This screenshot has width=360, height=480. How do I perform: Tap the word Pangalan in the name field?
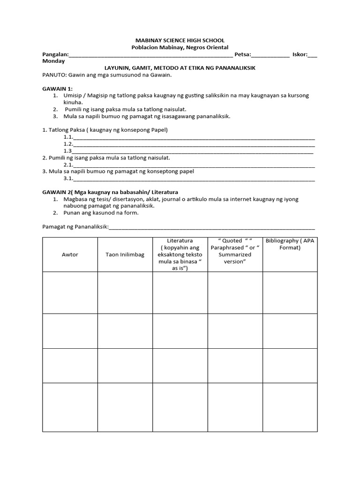55,54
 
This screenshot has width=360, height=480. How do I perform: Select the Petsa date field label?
242,54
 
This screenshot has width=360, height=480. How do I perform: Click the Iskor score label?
300,54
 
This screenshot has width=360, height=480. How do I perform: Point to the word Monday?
54,61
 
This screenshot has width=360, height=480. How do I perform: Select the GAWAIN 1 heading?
57,88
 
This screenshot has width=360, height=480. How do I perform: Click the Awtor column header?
70,255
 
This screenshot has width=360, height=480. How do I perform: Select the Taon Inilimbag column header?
125,255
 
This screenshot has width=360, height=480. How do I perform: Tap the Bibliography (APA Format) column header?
290,244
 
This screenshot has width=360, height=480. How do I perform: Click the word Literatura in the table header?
180,240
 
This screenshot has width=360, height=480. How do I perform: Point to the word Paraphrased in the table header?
228,247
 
